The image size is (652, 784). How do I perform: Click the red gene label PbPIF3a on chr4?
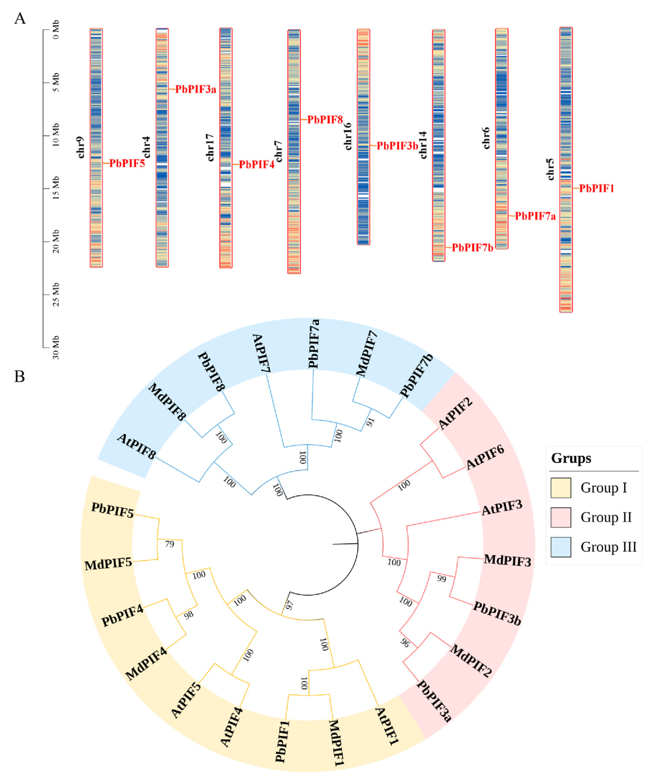point(196,89)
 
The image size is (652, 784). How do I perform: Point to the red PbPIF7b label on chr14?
point(472,247)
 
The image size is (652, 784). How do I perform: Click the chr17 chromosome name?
point(210,147)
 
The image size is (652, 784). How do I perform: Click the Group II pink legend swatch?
point(560,517)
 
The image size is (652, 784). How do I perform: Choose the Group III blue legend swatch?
point(560,547)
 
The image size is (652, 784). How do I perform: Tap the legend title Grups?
point(571,458)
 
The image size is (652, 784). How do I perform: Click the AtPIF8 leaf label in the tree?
point(136,447)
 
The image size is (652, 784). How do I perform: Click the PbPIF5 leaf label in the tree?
point(112,510)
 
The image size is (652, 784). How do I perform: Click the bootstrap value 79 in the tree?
point(170,544)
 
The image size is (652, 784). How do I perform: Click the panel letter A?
point(20,18)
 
